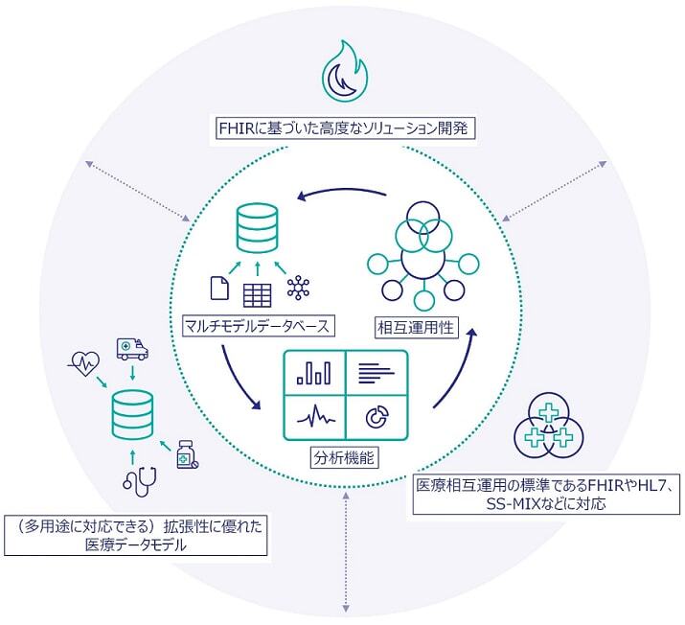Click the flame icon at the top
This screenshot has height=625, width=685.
[x=343, y=72]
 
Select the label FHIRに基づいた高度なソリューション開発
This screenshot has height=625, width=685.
[x=342, y=127]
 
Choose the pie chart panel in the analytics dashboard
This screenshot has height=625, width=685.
[x=377, y=416]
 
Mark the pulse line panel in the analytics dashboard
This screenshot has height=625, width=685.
[x=314, y=416]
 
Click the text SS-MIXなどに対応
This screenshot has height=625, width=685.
[x=546, y=502]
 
